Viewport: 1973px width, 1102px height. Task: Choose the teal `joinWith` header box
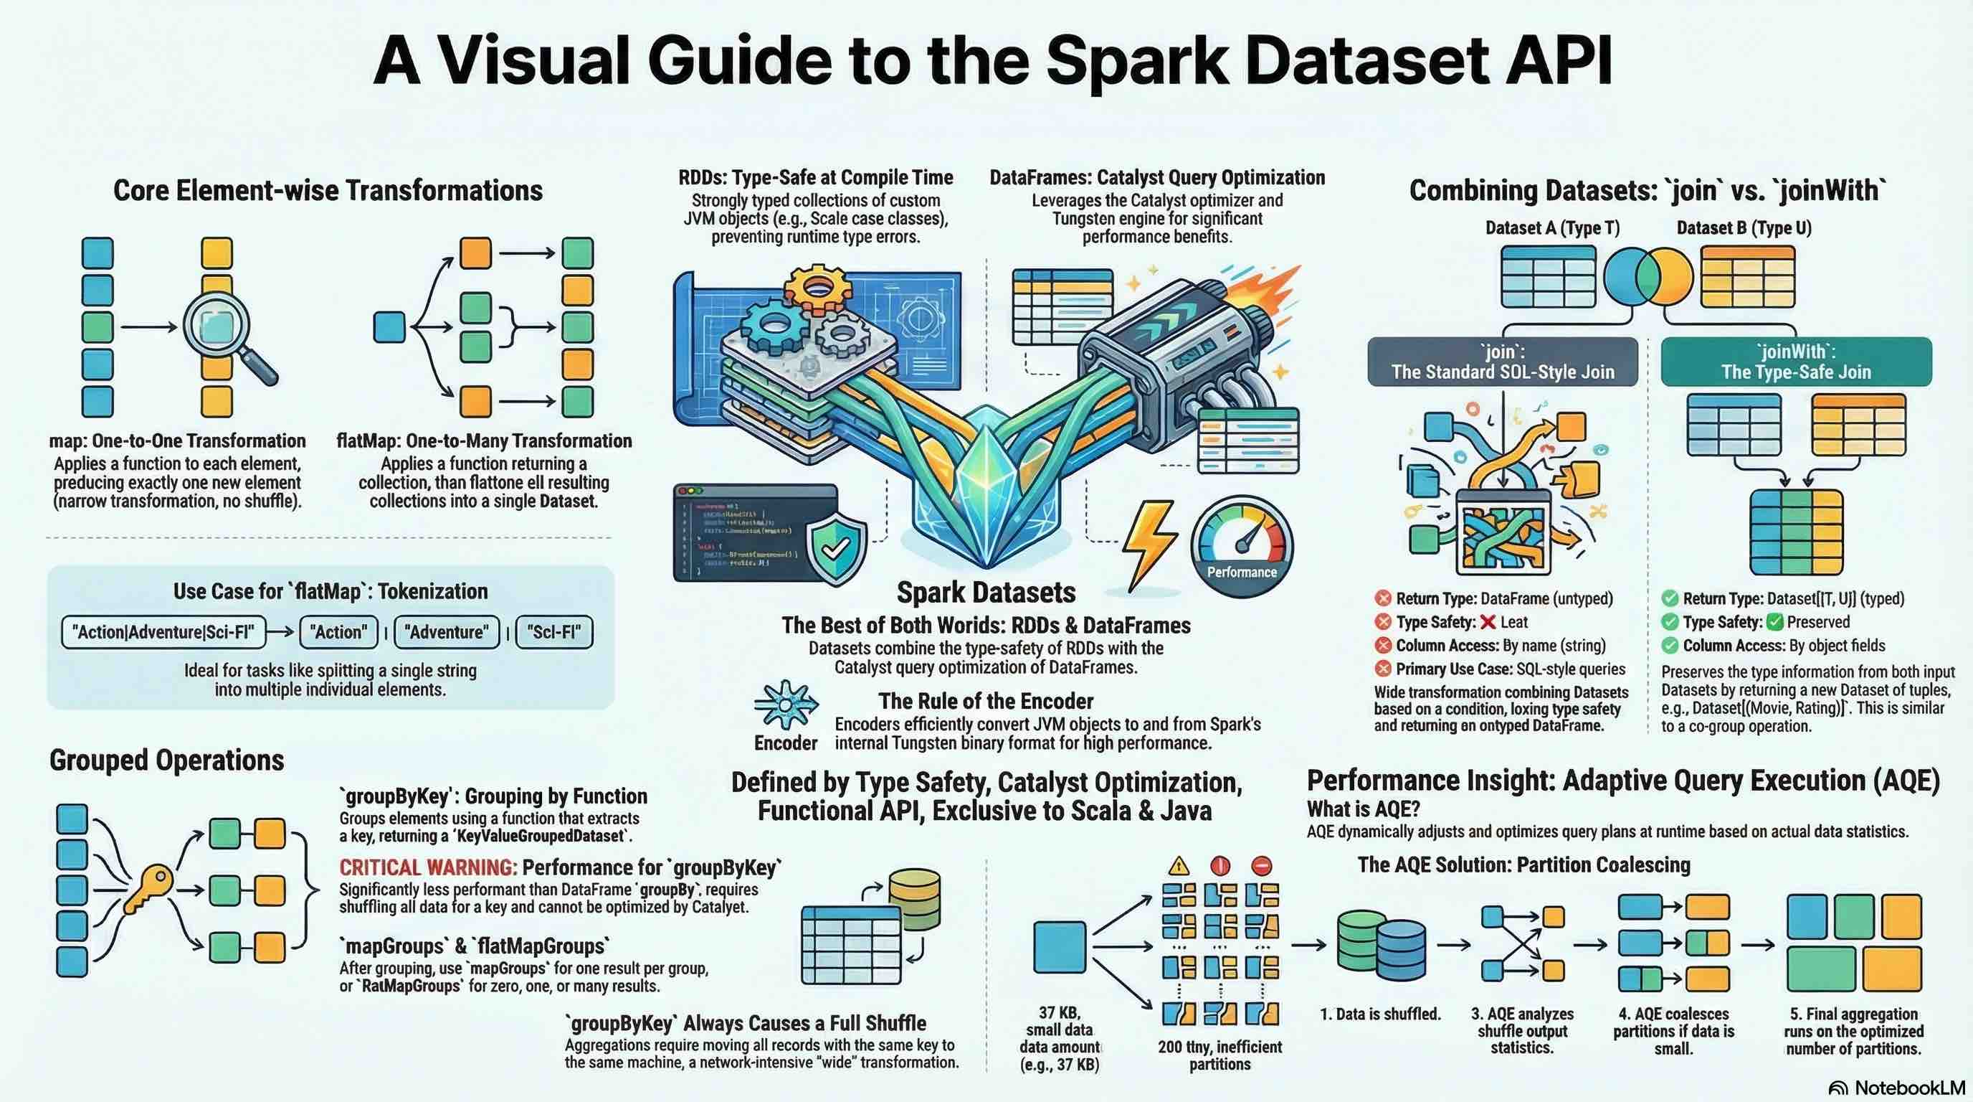pos(1795,362)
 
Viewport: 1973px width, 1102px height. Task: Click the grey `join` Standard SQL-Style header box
pos(1502,362)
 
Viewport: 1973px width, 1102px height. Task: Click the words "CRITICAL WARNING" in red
pos(428,867)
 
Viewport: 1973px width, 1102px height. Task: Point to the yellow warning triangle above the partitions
pos(1179,866)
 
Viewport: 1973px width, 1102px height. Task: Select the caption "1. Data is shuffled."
pos(1380,1014)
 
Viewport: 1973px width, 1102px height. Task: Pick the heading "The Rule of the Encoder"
pos(986,701)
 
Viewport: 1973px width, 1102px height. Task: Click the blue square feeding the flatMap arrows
pos(389,327)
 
